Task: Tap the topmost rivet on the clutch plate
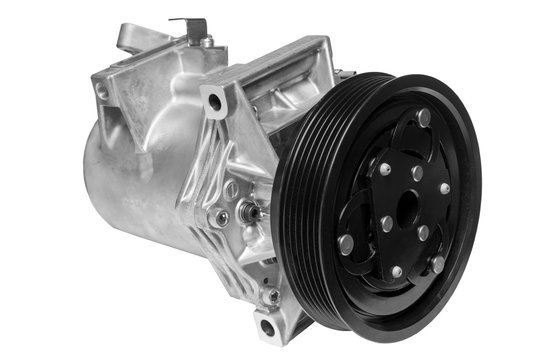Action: click(x=424, y=119)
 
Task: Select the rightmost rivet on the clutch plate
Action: click(x=444, y=188)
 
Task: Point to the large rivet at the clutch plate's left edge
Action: click(x=346, y=242)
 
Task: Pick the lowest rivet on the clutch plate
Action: click(x=397, y=271)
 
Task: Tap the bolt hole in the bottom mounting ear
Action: click(x=265, y=327)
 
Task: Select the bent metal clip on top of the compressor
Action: click(x=187, y=27)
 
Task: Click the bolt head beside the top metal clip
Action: click(x=207, y=41)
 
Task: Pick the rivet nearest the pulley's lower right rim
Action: click(x=438, y=264)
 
